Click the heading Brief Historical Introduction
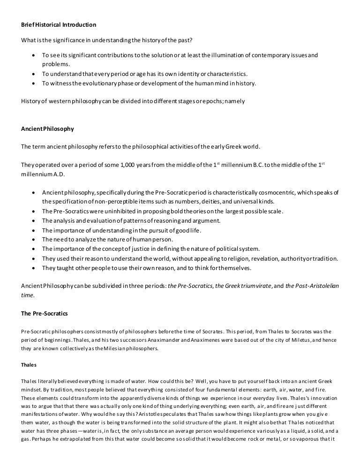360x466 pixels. pos(59,24)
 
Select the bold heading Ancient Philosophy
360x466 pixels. pos(47,128)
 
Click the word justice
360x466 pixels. pos(150,248)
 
